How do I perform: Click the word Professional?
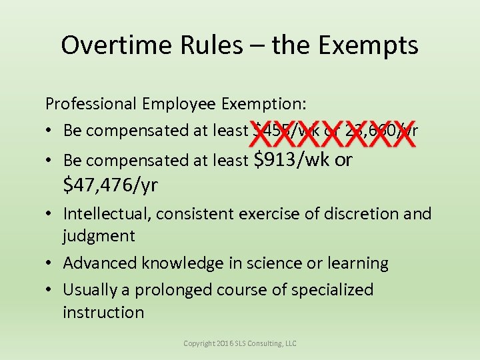click(91, 103)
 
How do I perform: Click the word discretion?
click(355, 214)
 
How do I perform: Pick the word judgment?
click(99, 235)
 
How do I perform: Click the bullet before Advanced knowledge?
click(51, 263)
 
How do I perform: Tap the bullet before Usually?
click(51, 291)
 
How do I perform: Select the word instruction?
click(103, 312)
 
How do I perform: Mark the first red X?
click(261, 133)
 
